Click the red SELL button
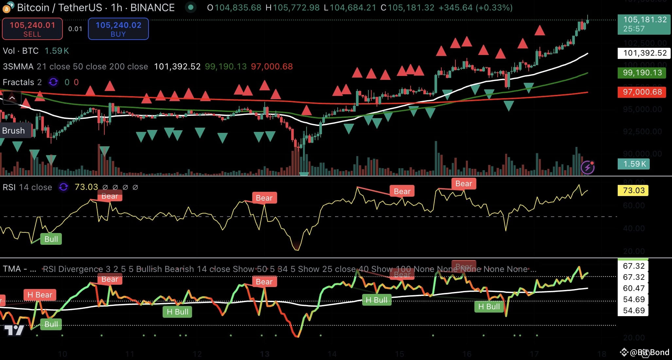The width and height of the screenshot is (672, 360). tap(32, 29)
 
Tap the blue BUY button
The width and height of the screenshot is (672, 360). tap(118, 29)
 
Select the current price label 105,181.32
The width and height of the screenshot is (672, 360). tap(644, 24)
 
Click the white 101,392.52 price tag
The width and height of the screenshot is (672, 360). tap(644, 53)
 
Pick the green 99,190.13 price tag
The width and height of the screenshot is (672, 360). tap(642, 73)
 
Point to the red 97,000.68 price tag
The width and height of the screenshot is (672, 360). tap(642, 92)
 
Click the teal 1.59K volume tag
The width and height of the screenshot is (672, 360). tap(634, 164)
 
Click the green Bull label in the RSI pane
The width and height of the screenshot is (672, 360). tap(51, 239)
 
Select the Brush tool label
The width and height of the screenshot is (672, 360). tap(13, 131)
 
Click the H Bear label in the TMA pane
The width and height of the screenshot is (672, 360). tap(40, 295)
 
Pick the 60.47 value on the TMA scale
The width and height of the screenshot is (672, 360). tap(633, 288)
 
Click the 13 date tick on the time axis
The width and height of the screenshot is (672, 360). tap(264, 354)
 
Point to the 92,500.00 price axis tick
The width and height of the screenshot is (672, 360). tap(642, 132)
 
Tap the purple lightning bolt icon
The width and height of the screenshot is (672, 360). tap(587, 168)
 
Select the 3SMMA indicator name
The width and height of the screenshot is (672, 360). tap(18, 67)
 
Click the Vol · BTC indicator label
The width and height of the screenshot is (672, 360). tap(21, 51)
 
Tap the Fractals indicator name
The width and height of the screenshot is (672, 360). tap(18, 82)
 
